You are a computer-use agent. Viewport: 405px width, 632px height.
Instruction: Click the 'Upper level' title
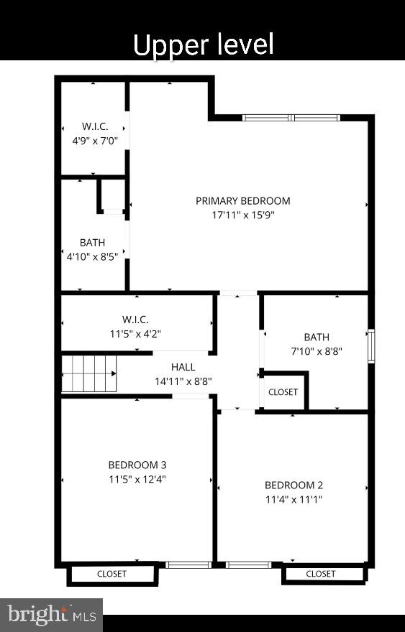(204, 45)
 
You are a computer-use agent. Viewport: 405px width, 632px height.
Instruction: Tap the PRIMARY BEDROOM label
(243, 201)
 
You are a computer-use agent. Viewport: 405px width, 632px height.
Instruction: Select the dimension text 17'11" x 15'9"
(243, 214)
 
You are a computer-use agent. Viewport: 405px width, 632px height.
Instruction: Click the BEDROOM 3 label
(137, 465)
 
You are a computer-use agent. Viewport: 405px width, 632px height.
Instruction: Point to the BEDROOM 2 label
(293, 485)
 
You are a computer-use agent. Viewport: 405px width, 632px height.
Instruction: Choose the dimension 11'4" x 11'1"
(293, 498)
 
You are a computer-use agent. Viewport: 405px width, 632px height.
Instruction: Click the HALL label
(183, 367)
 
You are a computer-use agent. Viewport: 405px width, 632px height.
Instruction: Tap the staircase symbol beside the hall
(88, 373)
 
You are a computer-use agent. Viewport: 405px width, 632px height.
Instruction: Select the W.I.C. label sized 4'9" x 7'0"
(94, 127)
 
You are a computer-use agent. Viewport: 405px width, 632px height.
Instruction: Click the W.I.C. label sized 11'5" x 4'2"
(135, 320)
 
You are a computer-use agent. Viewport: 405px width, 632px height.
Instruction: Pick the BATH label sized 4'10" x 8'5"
(92, 243)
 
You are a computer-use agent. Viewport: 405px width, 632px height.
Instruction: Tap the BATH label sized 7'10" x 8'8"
(317, 337)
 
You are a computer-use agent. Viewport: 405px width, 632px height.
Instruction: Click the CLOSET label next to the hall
(283, 392)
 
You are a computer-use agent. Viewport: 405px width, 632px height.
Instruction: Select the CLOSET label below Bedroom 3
(112, 574)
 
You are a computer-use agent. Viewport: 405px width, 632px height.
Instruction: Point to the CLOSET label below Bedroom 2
(321, 574)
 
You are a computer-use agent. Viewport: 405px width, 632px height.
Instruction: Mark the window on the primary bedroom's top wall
(291, 117)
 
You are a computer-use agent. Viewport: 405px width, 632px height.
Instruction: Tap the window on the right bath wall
(371, 346)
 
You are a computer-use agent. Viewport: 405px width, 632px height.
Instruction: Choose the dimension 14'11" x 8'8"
(183, 381)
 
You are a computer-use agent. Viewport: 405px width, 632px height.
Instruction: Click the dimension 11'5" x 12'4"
(137, 478)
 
